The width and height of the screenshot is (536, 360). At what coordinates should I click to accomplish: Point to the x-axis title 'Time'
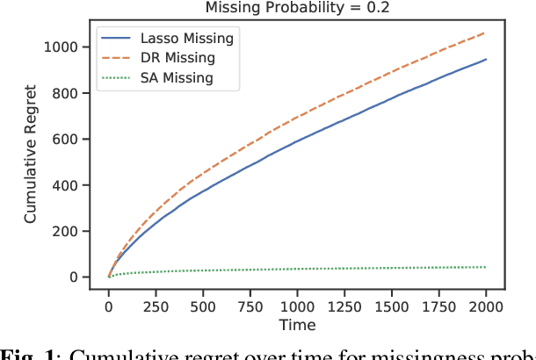point(297,324)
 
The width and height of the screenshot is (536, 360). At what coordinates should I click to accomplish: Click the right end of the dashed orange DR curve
point(485,33)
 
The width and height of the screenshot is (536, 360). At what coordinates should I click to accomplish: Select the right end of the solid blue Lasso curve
point(485,60)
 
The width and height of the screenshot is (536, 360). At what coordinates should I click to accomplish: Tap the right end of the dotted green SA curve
point(485,267)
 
